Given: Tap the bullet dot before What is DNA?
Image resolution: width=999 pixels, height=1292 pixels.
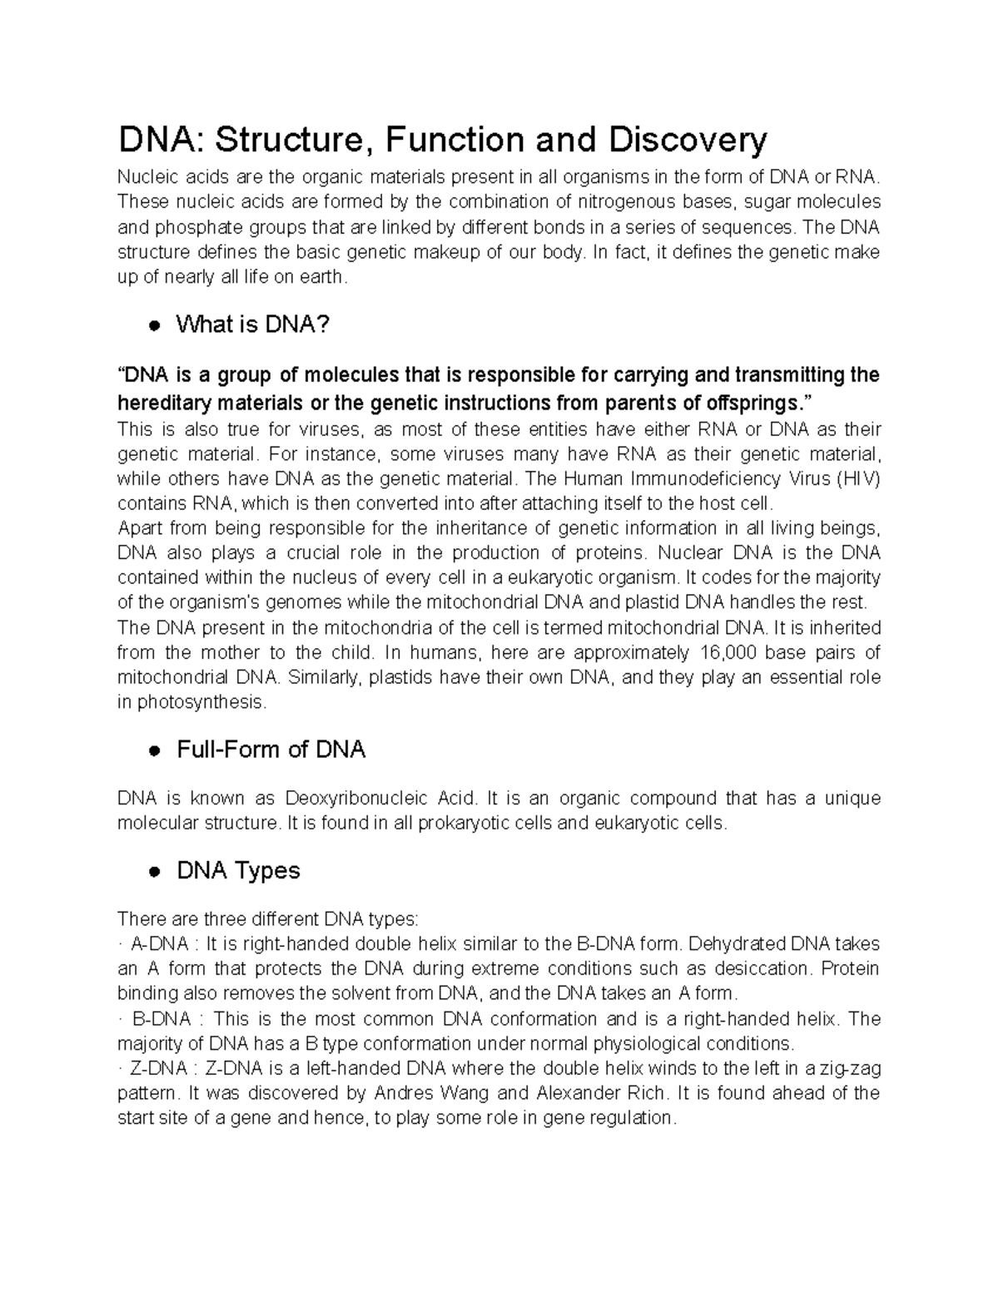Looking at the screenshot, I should click(154, 326).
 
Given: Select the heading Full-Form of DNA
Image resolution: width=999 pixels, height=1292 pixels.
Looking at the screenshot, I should click(271, 750).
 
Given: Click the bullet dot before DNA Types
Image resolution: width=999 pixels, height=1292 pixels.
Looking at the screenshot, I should click(154, 872).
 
